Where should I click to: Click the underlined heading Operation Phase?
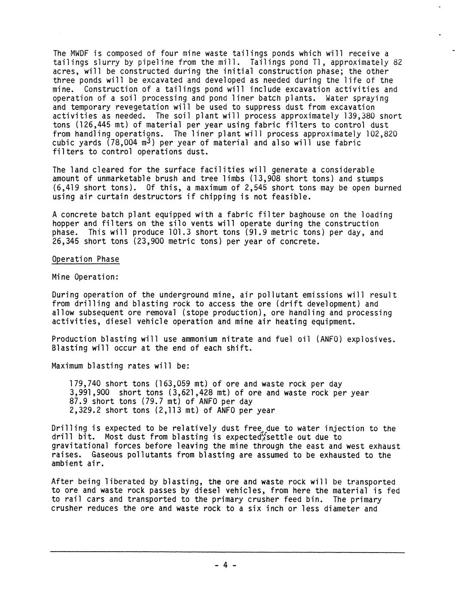85,259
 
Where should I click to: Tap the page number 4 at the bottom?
224,565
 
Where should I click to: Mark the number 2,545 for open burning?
256,188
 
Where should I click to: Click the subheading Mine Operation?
85,277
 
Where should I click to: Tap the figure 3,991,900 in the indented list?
89,393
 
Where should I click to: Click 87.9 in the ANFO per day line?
78,402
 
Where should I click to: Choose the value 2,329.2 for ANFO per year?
85,411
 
